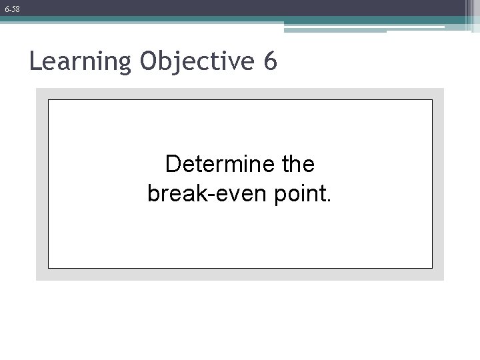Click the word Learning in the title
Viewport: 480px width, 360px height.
(81, 63)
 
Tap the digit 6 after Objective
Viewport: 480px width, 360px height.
(270, 61)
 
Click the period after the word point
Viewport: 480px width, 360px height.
(328, 199)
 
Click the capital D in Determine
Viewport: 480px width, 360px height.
(172, 163)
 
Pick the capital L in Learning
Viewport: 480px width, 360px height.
(35, 62)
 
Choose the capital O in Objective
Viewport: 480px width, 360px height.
(150, 62)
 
